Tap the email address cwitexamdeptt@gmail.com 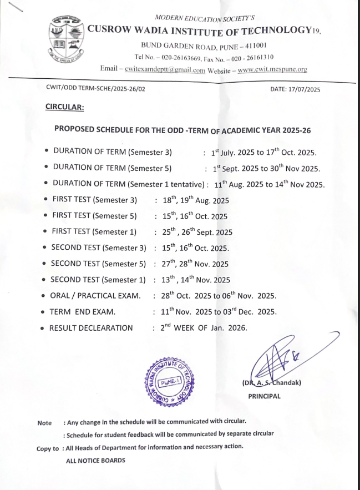click(x=165, y=70)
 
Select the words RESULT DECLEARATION click(x=91, y=328)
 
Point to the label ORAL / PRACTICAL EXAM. click(x=95, y=296)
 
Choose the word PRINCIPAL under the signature click(x=264, y=396)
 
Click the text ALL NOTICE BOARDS click(x=95, y=460)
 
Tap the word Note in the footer click(x=44, y=423)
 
